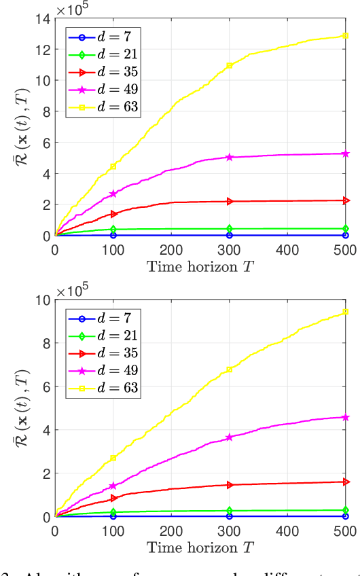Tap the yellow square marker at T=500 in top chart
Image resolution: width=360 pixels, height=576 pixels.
[x=346, y=35]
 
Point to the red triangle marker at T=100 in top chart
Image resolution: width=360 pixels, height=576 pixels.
[x=113, y=214]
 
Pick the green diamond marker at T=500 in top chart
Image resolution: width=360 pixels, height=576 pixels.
[x=346, y=229]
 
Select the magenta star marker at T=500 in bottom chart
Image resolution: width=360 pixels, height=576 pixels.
[x=346, y=417]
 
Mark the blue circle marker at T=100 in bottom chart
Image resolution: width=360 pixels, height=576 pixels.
[x=113, y=516]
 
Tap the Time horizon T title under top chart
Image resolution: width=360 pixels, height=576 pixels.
[x=200, y=264]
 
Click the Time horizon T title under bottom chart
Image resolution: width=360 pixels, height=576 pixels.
[x=200, y=545]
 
